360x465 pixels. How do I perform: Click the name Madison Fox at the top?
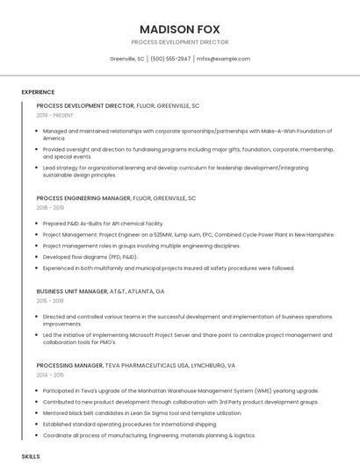click(179, 28)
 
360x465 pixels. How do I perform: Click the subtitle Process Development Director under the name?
click(179, 42)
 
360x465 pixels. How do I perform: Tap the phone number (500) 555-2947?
click(170, 59)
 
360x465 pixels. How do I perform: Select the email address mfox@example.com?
click(223, 59)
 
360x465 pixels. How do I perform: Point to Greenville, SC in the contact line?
click(127, 59)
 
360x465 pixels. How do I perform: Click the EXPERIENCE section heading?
click(38, 92)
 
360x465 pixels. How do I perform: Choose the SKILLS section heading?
click(31, 457)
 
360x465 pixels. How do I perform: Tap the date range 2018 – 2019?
click(50, 208)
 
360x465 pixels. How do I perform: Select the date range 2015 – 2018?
click(50, 300)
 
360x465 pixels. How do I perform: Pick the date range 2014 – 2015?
click(50, 375)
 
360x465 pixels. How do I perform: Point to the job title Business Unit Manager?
click(74, 290)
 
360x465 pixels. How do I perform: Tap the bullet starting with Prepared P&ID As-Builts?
click(103, 224)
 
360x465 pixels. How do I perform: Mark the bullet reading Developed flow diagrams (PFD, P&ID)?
click(90, 257)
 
